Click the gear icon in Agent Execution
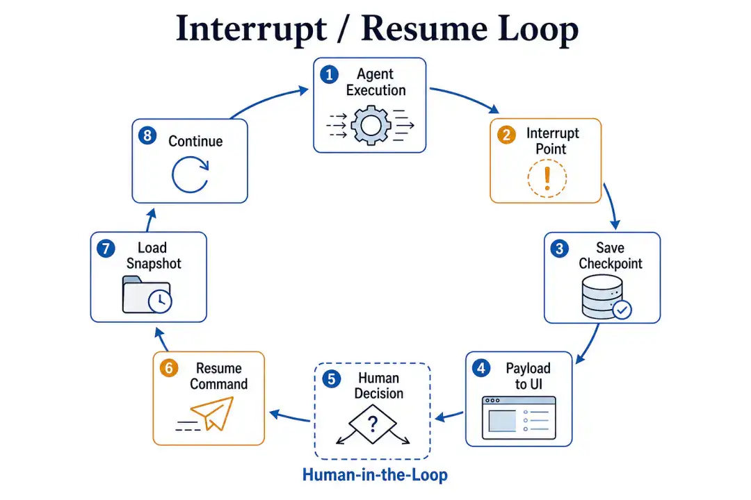tap(370, 126)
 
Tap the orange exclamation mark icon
tap(547, 178)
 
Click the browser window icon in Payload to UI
tap(519, 417)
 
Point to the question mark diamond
tap(373, 424)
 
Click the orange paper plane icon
tap(206, 415)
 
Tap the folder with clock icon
tap(147, 294)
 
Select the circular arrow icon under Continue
tap(190, 174)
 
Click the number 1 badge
tap(329, 74)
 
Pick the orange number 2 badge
tap(506, 135)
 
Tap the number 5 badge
tap(332, 379)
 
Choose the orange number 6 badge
tap(168, 368)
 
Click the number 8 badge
tap(147, 135)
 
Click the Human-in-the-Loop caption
tap(375, 474)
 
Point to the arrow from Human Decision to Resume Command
tap(290, 416)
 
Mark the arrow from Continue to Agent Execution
tap(268, 99)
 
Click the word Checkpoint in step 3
tap(611, 264)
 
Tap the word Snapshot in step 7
tap(154, 264)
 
